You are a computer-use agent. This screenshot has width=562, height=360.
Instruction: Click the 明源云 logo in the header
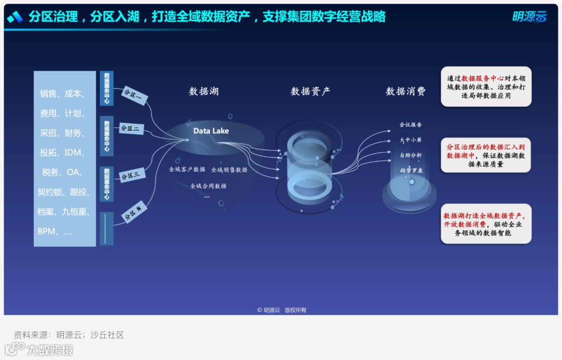click(x=530, y=17)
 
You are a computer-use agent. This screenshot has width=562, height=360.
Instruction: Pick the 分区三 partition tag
click(x=131, y=175)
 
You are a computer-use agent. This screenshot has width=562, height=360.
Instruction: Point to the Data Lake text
click(x=211, y=131)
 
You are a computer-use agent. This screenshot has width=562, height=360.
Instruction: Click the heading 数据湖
click(x=203, y=92)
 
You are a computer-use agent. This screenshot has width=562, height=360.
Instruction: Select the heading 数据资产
click(x=310, y=92)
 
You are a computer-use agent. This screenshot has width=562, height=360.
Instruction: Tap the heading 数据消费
click(x=405, y=92)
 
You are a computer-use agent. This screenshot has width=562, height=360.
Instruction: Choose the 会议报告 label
click(x=411, y=125)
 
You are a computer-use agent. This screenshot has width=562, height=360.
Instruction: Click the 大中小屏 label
click(x=411, y=140)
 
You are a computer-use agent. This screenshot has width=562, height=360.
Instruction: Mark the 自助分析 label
click(x=411, y=155)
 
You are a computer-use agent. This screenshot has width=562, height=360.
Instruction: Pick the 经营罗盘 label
click(x=411, y=170)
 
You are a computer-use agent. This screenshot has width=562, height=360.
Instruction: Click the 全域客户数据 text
click(x=187, y=170)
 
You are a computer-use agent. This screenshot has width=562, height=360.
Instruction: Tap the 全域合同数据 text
click(x=208, y=186)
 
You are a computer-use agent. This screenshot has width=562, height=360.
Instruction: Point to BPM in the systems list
click(x=47, y=232)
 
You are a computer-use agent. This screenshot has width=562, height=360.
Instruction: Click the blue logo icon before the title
click(x=15, y=17)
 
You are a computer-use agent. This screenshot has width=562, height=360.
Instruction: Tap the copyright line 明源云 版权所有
click(x=282, y=310)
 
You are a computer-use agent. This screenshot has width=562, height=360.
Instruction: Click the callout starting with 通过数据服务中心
click(x=486, y=87)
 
